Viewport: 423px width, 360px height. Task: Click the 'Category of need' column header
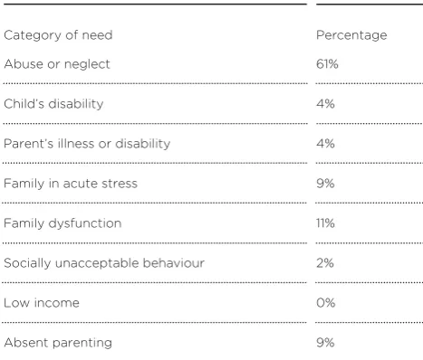pos(58,35)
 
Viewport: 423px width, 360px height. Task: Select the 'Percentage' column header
pos(351,35)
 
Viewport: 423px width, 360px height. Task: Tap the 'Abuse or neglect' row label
pos(57,64)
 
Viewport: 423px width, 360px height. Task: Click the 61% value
pos(327,64)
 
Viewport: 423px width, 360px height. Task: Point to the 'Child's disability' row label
pos(53,104)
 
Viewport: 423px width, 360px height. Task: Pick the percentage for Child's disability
pos(325,104)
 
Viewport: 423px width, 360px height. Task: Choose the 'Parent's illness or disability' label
pos(87,144)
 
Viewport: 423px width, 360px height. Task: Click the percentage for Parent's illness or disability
pos(325,144)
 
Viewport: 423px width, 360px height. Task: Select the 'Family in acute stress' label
pos(71,184)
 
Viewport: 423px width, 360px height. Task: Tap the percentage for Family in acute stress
pos(325,184)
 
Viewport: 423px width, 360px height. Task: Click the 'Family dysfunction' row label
pos(62,223)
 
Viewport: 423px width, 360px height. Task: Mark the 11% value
pos(325,223)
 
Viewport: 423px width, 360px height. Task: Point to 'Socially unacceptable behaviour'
pos(104,263)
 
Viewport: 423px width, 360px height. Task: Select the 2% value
pos(325,263)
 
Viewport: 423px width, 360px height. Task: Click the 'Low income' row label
pos(42,303)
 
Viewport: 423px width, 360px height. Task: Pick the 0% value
pos(326,303)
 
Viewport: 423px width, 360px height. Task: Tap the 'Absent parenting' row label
pos(58,343)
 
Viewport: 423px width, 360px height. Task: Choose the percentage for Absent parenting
pos(325,343)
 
